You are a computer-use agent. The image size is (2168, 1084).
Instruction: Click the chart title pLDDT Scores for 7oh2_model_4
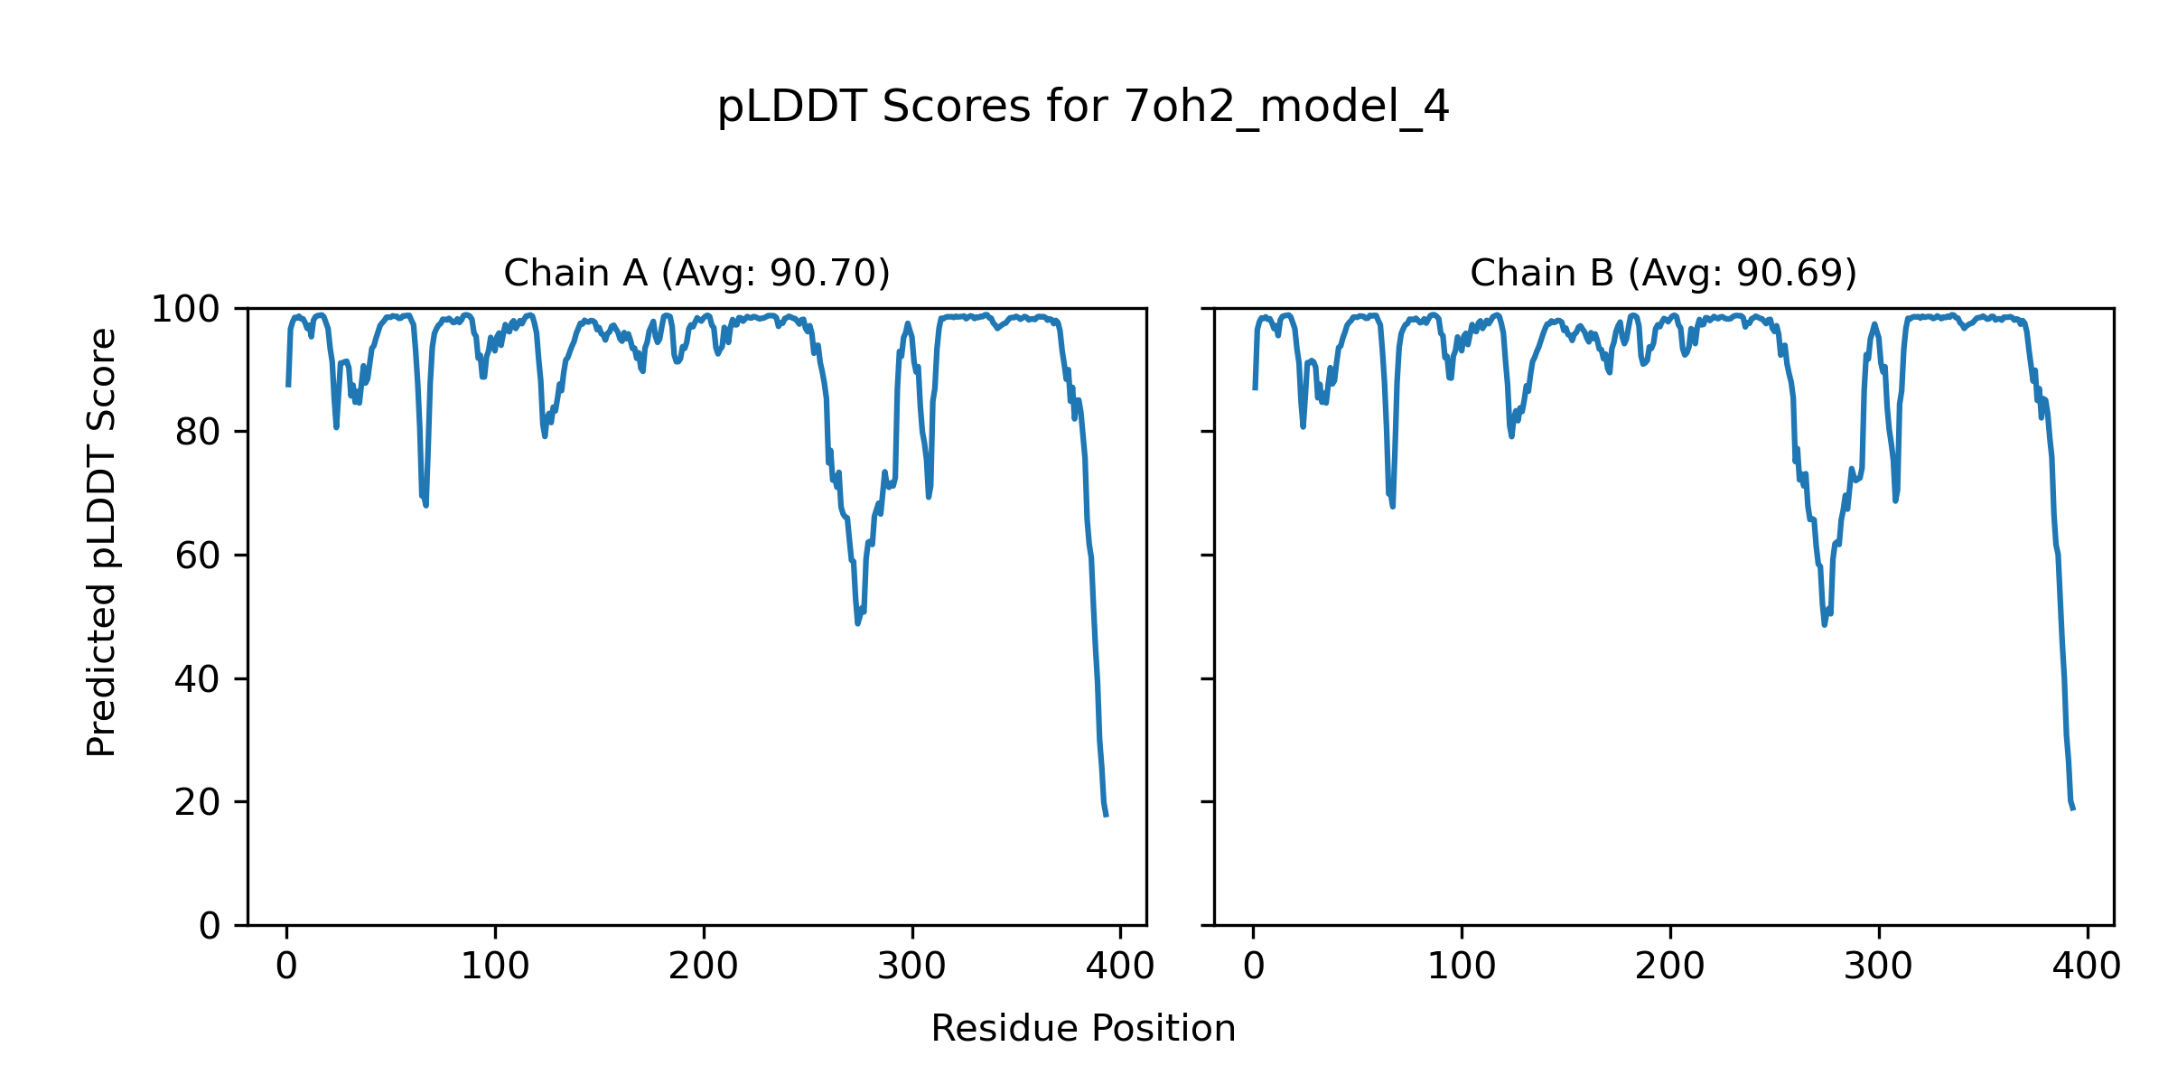1083,107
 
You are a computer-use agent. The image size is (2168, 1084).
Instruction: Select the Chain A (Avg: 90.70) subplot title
696,273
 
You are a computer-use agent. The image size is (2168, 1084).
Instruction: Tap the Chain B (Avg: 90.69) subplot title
1663,273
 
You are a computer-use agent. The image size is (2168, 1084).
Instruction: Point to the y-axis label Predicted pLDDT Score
101,542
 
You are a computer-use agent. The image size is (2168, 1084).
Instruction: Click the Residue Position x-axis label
1083,1029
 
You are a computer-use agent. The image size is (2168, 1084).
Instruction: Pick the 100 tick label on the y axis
185,310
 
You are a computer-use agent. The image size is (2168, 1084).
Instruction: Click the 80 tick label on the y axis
198,433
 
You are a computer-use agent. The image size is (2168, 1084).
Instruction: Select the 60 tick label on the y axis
198,556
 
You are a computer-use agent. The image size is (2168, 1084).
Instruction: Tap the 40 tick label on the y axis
198,679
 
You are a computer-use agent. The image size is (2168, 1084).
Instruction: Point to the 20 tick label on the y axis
198,803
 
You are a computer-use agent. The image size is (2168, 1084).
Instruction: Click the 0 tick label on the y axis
210,926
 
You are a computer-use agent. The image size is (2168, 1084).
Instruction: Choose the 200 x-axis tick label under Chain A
704,967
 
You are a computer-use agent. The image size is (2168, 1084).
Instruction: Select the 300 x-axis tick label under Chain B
1879,967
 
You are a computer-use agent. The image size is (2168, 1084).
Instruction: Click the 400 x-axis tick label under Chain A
1120,967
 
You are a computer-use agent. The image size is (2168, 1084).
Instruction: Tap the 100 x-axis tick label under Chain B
1462,967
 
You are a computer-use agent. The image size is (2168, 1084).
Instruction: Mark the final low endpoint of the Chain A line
1106,816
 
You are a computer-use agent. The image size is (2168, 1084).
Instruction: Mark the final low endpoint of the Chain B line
2073,808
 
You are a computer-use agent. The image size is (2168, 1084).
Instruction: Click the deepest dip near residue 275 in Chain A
857,623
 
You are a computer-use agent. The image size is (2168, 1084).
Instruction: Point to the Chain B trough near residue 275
1824,624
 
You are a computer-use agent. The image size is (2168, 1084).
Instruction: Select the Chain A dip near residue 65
425,504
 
